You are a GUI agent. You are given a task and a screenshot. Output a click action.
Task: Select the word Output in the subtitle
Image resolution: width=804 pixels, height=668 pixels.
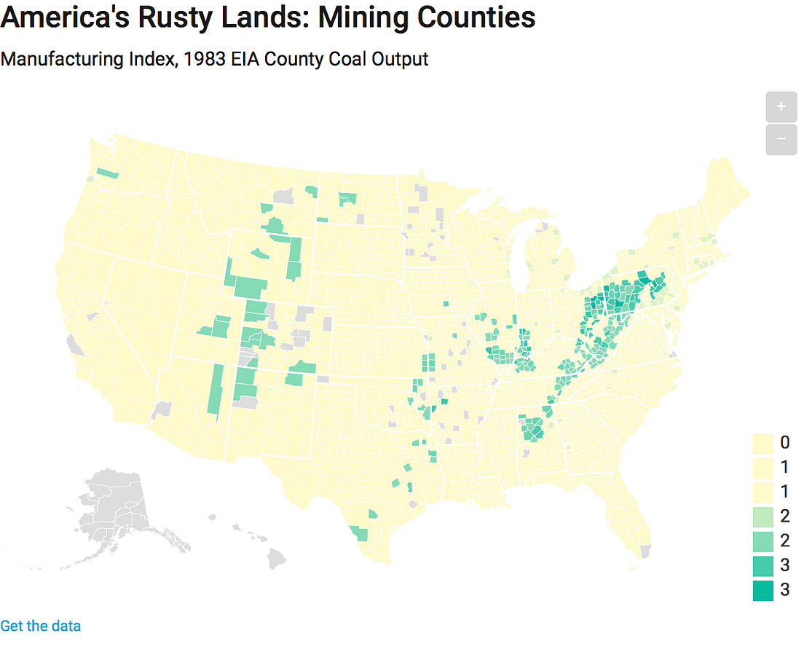coord(399,60)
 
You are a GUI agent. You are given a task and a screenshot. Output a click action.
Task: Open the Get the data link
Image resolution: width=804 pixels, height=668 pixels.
coord(41,626)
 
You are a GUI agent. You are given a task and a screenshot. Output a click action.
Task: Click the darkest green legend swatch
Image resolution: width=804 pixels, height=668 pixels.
coord(762,590)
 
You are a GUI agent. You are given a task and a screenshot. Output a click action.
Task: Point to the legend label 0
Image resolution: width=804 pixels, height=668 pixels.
coord(784,442)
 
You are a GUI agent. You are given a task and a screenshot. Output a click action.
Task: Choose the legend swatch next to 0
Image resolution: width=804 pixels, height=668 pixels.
coord(762,442)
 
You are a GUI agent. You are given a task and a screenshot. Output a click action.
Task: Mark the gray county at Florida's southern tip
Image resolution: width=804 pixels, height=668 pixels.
coord(645,551)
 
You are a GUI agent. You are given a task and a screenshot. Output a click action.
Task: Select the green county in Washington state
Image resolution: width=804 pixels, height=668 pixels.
coord(107,173)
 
